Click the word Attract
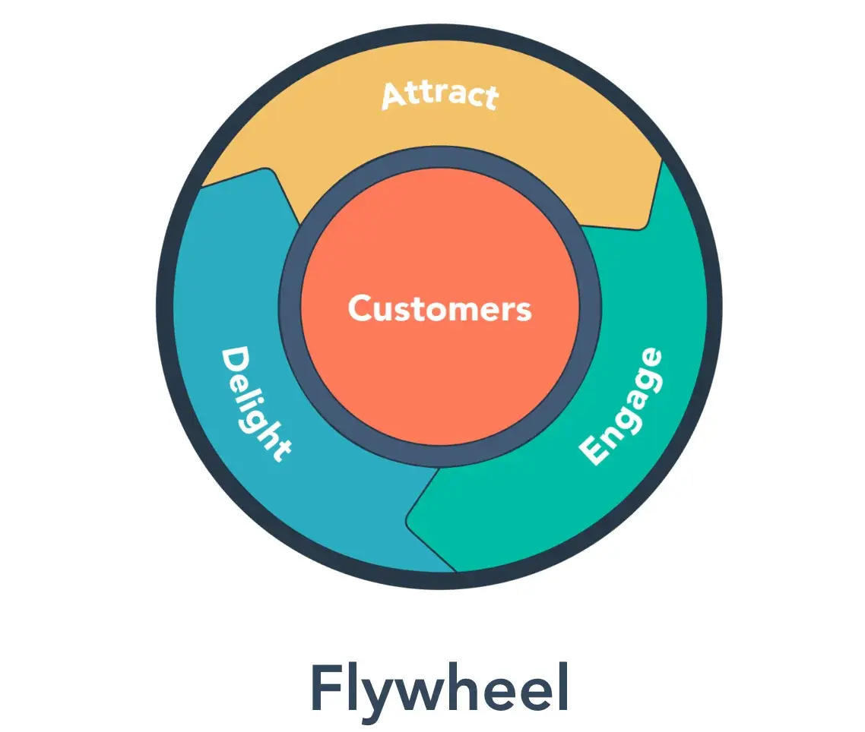click(x=439, y=96)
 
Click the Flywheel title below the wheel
click(x=439, y=688)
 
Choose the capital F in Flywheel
click(x=325, y=688)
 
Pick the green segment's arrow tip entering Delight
click(x=411, y=519)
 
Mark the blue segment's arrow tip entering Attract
click(x=266, y=173)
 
